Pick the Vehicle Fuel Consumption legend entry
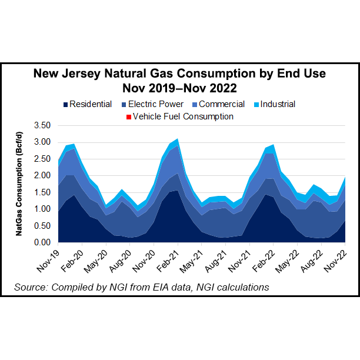183,116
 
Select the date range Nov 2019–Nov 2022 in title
180,88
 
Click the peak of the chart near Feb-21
177,139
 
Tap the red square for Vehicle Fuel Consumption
128,116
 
